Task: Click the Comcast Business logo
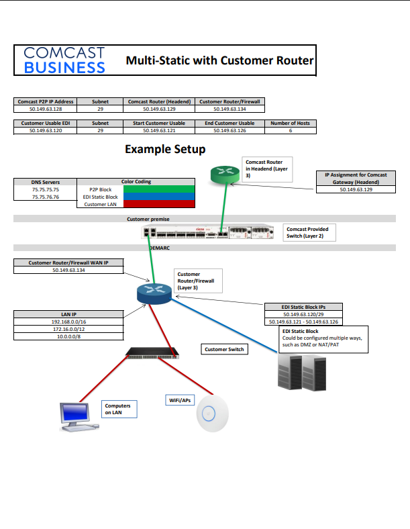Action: (x=64, y=60)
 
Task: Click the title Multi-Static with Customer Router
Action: (x=219, y=61)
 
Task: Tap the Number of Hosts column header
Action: (x=290, y=124)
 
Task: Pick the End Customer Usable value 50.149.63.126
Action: (x=229, y=131)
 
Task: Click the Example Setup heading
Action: (x=165, y=149)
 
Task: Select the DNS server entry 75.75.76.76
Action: (x=46, y=197)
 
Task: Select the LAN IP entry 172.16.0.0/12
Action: (x=68, y=329)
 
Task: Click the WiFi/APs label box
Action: (x=179, y=400)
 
